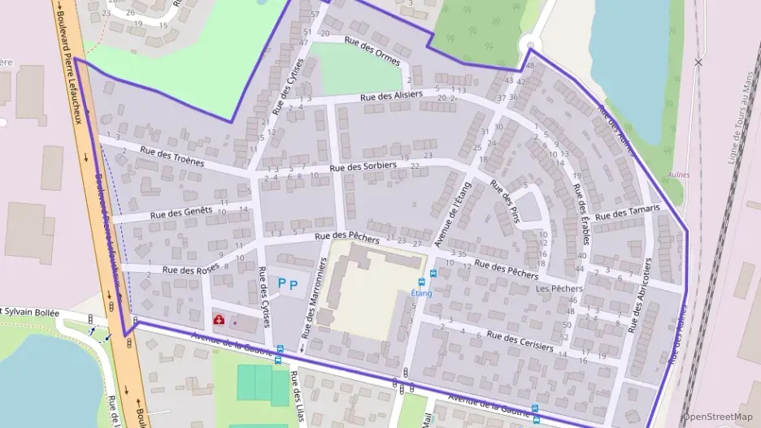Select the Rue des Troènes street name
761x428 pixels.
pyautogui.click(x=172, y=155)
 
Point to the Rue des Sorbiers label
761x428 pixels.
pyautogui.click(x=363, y=166)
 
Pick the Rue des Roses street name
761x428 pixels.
pyautogui.click(x=190, y=270)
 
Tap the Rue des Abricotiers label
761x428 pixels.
pyautogui.click(x=640, y=296)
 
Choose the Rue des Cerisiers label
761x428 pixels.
pyautogui.click(x=520, y=340)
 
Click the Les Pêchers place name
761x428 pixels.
pyautogui.click(x=559, y=288)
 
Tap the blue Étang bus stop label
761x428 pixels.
pyautogui.click(x=421, y=292)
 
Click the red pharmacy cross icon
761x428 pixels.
pyautogui.click(x=219, y=320)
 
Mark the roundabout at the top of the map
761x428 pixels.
pyautogui.click(x=530, y=44)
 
